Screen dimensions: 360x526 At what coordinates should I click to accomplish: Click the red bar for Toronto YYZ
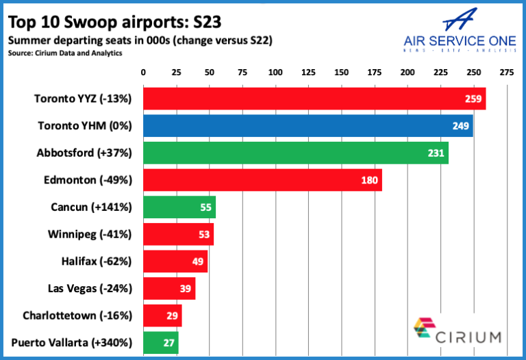314,99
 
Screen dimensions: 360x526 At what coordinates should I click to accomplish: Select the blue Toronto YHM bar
308,125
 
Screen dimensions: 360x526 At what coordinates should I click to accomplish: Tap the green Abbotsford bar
295,153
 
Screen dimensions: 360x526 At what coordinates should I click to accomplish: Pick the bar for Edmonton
262,180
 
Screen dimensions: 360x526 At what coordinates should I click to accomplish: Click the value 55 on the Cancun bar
205,207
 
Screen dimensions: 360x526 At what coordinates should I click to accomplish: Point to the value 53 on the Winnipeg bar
204,235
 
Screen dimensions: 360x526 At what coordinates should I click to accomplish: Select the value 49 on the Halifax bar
198,261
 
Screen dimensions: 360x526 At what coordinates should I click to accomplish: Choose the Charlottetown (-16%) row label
77,316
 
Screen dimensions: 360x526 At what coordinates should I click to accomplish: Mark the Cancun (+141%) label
91,207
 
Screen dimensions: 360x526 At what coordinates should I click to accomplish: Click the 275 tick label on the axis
507,72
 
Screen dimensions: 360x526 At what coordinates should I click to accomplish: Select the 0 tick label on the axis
143,72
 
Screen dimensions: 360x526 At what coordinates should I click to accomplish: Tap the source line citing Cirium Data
66,53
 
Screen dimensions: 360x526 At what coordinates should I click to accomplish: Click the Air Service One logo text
459,40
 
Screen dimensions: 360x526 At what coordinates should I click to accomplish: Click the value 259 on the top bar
473,99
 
